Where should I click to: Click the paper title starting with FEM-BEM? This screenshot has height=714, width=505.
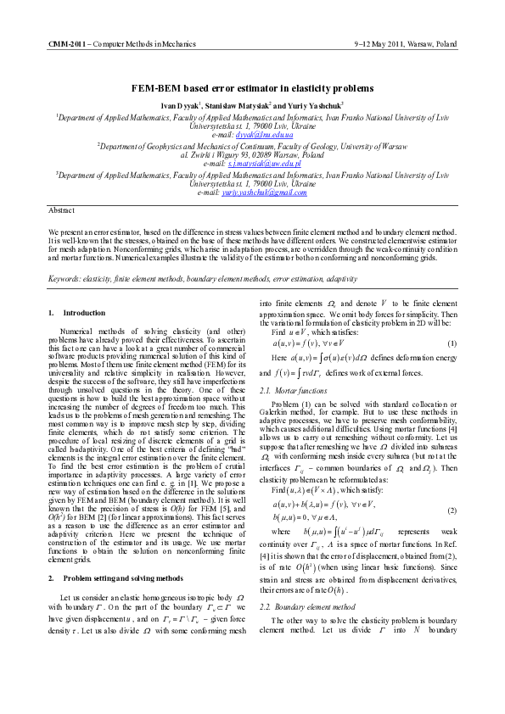tap(252, 88)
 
